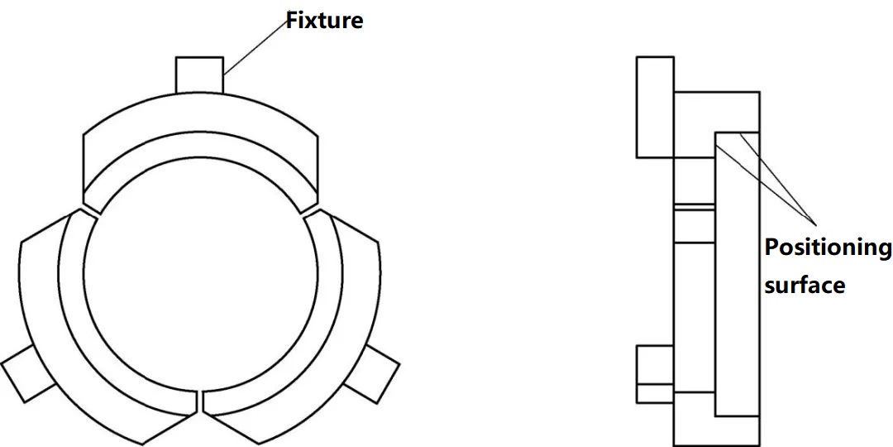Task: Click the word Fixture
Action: (x=324, y=20)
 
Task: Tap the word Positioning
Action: (x=828, y=248)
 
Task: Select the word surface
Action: (x=805, y=286)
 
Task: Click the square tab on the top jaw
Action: (x=199, y=74)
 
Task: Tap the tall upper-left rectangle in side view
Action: (x=655, y=107)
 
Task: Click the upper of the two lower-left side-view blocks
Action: (x=654, y=363)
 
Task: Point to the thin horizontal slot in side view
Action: (x=695, y=205)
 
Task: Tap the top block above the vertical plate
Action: (x=716, y=111)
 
